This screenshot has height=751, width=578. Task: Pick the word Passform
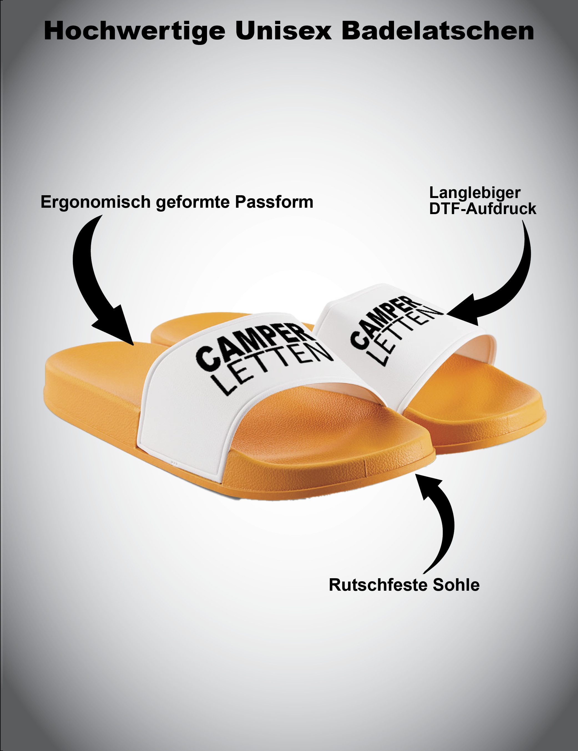point(274,202)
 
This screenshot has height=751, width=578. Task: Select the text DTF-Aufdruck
point(483,209)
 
